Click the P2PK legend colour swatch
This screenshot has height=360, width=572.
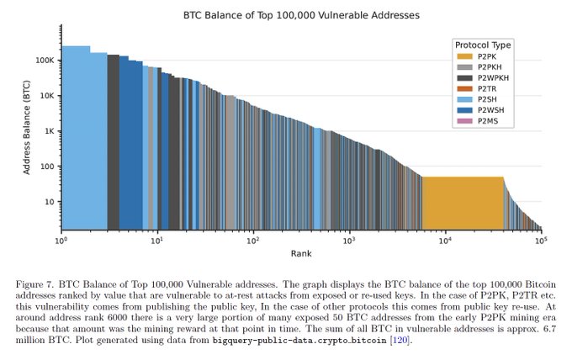(463, 56)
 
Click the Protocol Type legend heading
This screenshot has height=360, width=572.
(482, 45)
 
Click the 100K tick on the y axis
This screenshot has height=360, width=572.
(44, 61)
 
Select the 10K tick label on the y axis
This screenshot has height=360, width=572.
(46, 96)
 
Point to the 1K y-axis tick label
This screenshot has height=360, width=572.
(49, 131)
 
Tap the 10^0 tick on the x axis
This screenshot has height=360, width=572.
(61, 242)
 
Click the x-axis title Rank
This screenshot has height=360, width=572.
(301, 254)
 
